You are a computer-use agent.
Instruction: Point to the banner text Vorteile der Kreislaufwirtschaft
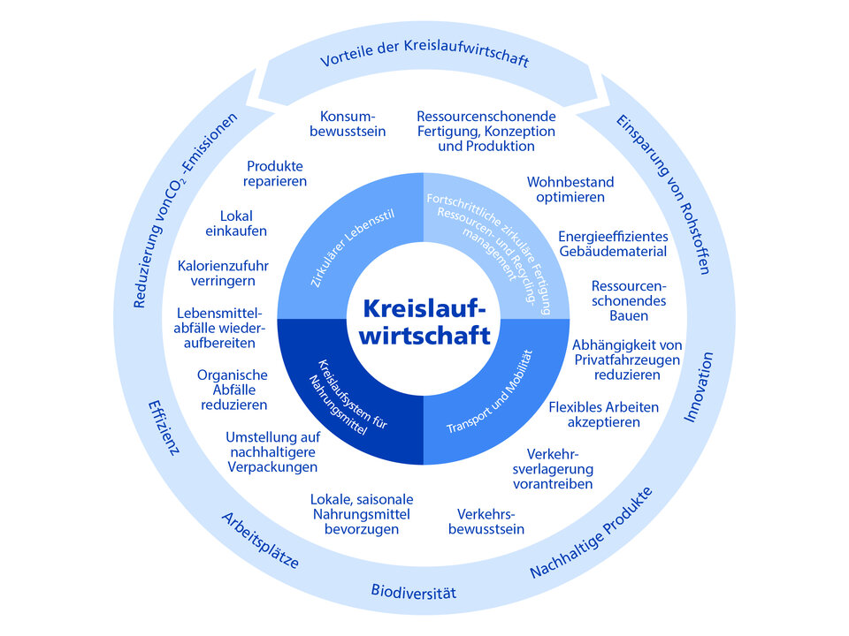pos(424,60)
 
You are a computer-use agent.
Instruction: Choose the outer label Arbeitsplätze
pos(260,540)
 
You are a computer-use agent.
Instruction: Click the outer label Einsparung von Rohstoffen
pos(662,193)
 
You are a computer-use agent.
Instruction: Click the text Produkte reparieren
pos(277,173)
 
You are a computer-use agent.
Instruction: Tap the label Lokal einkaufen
pos(243,223)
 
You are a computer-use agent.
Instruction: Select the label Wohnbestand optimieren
pos(570,189)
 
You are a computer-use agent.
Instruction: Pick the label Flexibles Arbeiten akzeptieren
pos(605,415)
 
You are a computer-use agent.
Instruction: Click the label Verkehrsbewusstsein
pos(491,521)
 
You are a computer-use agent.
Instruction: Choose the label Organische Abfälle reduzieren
pos(233,390)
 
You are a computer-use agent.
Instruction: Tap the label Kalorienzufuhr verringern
pos(224,273)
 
